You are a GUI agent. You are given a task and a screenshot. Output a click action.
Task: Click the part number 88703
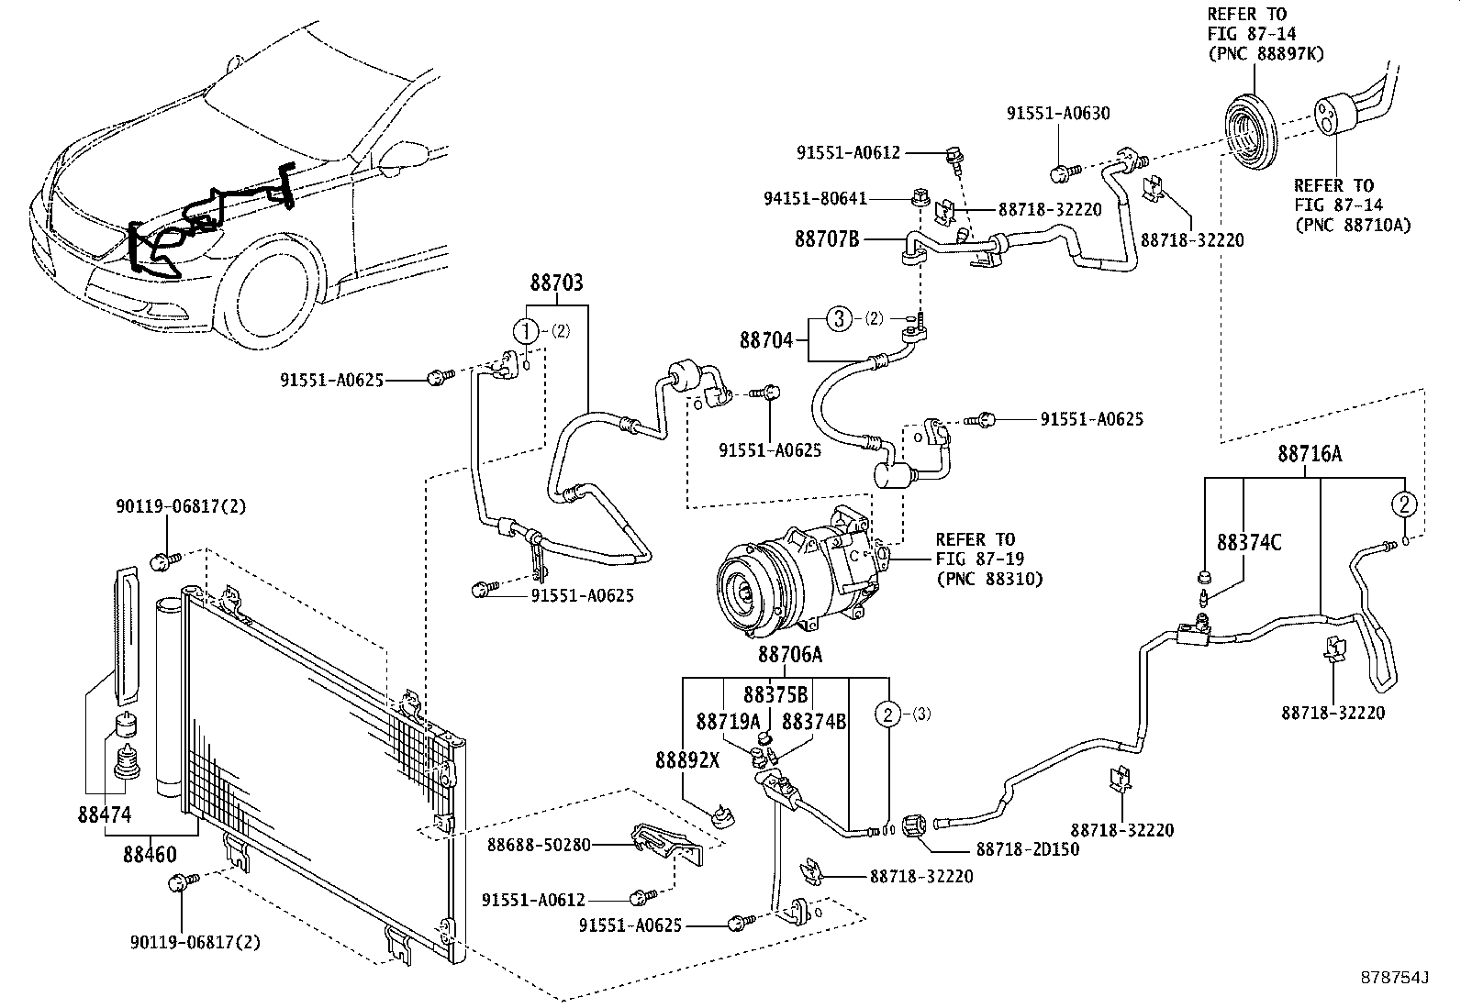tap(556, 283)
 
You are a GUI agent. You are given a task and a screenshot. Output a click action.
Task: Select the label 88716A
tap(1310, 453)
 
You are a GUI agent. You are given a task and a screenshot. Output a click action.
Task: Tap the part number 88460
tap(150, 853)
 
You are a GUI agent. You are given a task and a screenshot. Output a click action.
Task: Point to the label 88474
tap(104, 814)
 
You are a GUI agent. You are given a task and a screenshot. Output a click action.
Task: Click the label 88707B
tap(826, 240)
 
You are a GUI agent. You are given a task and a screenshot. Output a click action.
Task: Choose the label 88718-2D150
tap(1028, 848)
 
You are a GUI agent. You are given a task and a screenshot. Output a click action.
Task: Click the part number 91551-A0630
tap(1058, 114)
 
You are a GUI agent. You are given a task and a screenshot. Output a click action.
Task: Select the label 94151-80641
tap(815, 197)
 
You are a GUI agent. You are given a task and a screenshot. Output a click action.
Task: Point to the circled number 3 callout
tap(838, 318)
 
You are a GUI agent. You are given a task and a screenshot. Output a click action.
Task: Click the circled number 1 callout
tap(525, 331)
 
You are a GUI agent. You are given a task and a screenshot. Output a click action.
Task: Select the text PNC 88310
tap(989, 579)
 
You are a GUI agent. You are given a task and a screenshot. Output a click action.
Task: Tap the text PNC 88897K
tap(1266, 53)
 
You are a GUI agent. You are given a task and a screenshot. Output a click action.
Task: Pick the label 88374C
tap(1249, 542)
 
